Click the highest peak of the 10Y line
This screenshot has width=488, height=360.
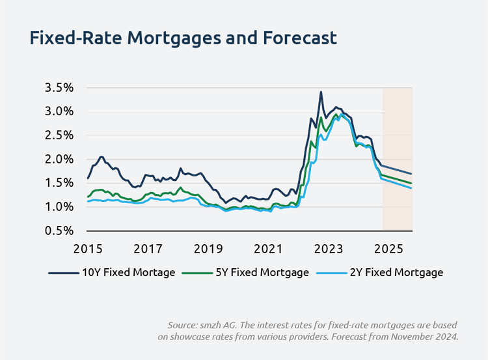(321, 92)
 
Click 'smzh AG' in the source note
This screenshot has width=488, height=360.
(223, 324)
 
